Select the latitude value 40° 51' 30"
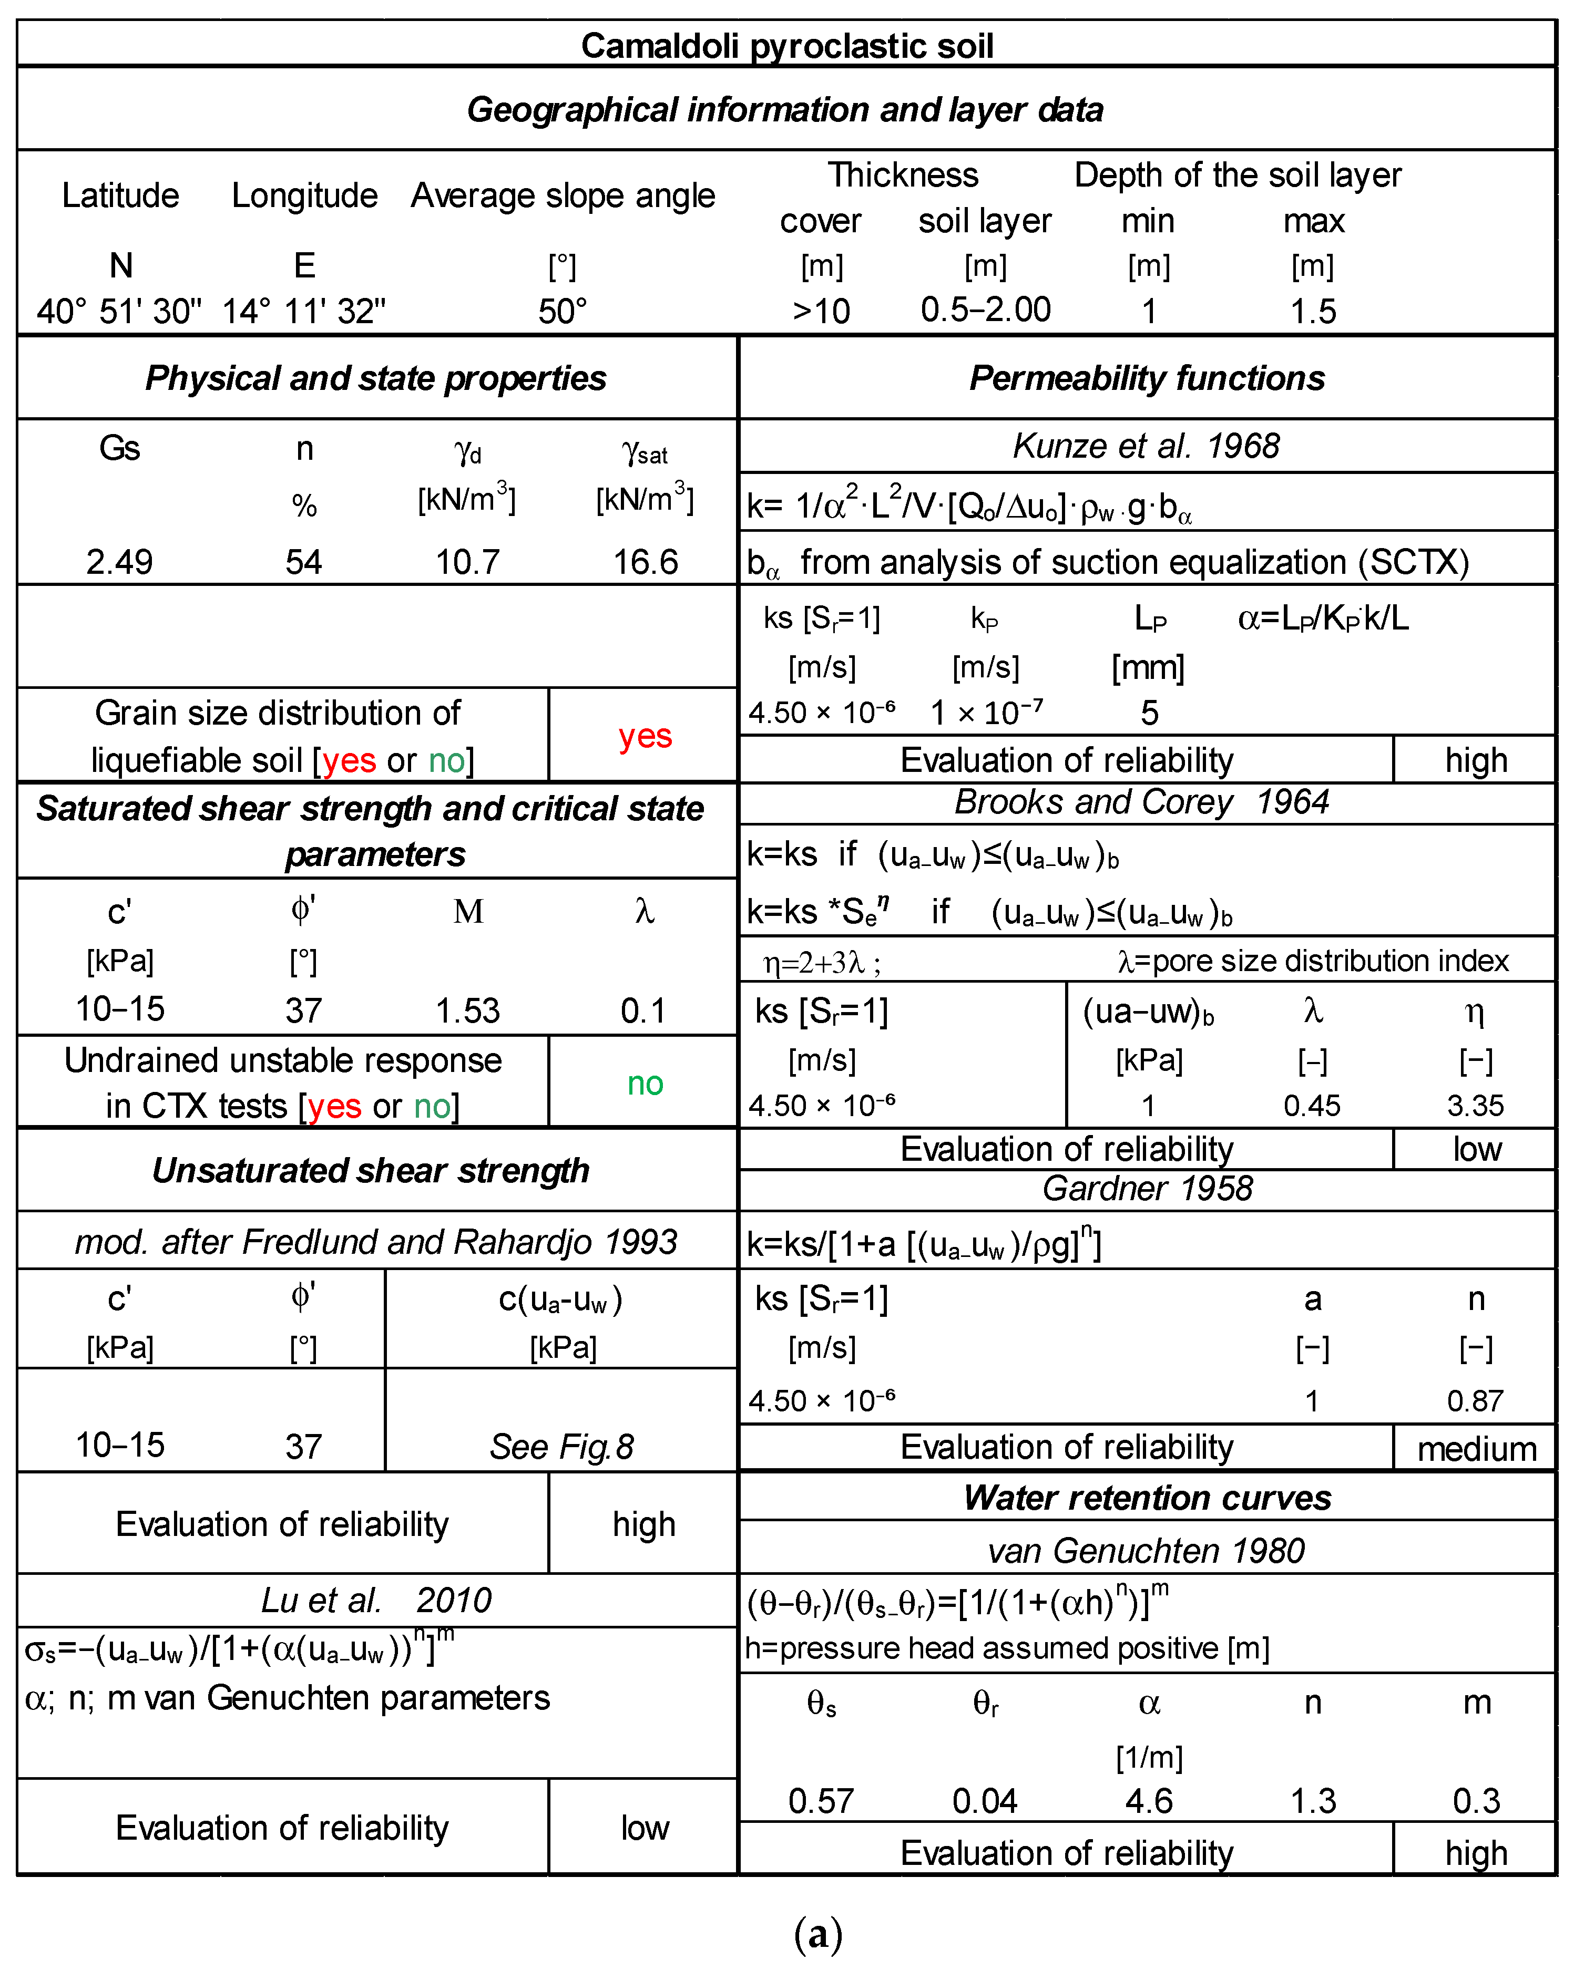point(119,312)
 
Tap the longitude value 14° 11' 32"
point(303,312)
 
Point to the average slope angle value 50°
point(562,312)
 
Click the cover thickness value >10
point(821,312)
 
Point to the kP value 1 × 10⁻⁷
point(985,713)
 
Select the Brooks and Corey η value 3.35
point(1475,1106)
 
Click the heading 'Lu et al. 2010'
point(376,1600)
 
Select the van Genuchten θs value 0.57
point(821,1801)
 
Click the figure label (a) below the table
point(818,1933)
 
